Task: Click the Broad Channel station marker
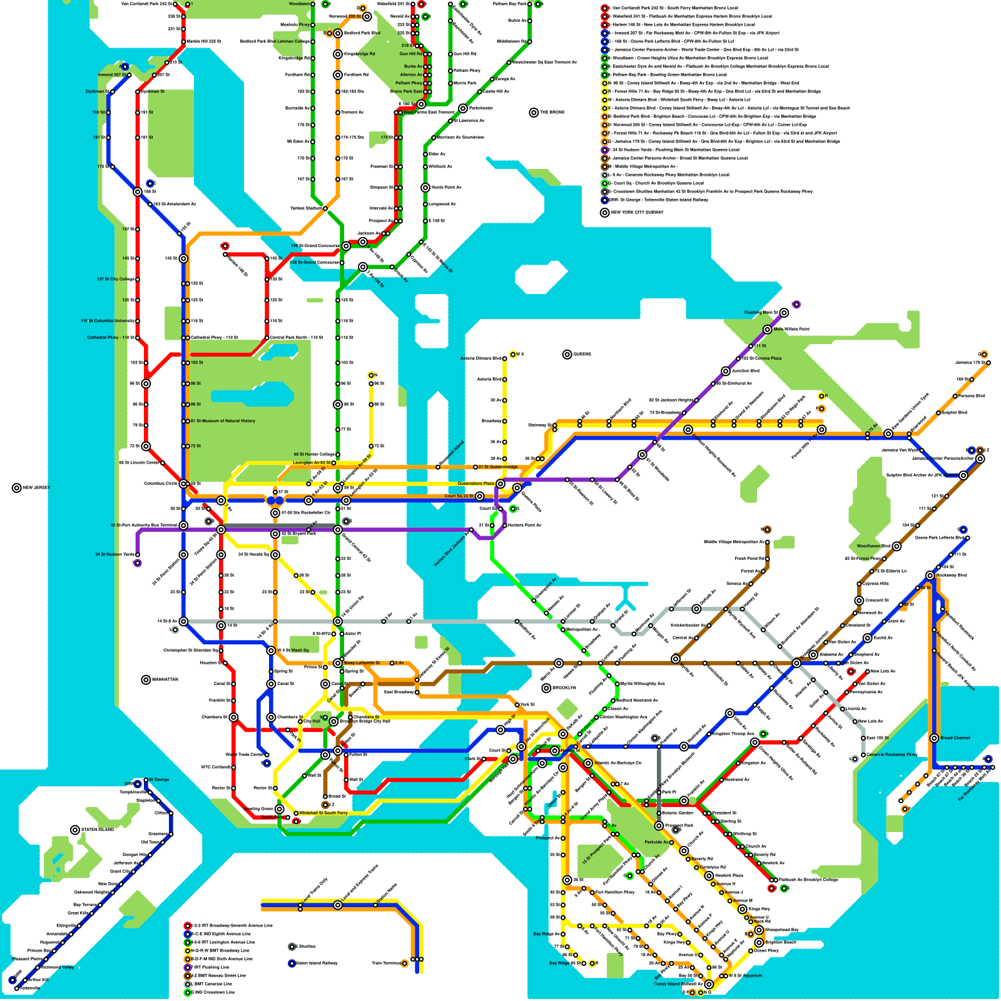coord(934,738)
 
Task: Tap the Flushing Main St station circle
coord(784,312)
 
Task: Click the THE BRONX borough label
coord(552,113)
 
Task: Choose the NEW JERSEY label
coord(36,488)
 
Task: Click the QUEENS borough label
coord(582,355)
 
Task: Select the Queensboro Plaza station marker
coord(500,484)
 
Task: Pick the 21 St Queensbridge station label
coord(498,467)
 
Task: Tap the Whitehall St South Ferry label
coord(323,813)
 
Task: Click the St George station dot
coord(145,780)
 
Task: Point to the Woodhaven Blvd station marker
coord(897,546)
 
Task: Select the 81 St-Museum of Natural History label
coord(223,421)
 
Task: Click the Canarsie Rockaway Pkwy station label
coord(892,755)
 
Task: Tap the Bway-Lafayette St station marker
coord(338,663)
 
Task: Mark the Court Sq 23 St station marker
coord(479,496)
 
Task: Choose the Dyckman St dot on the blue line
coord(108,92)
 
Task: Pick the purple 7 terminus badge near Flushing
coord(796,305)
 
